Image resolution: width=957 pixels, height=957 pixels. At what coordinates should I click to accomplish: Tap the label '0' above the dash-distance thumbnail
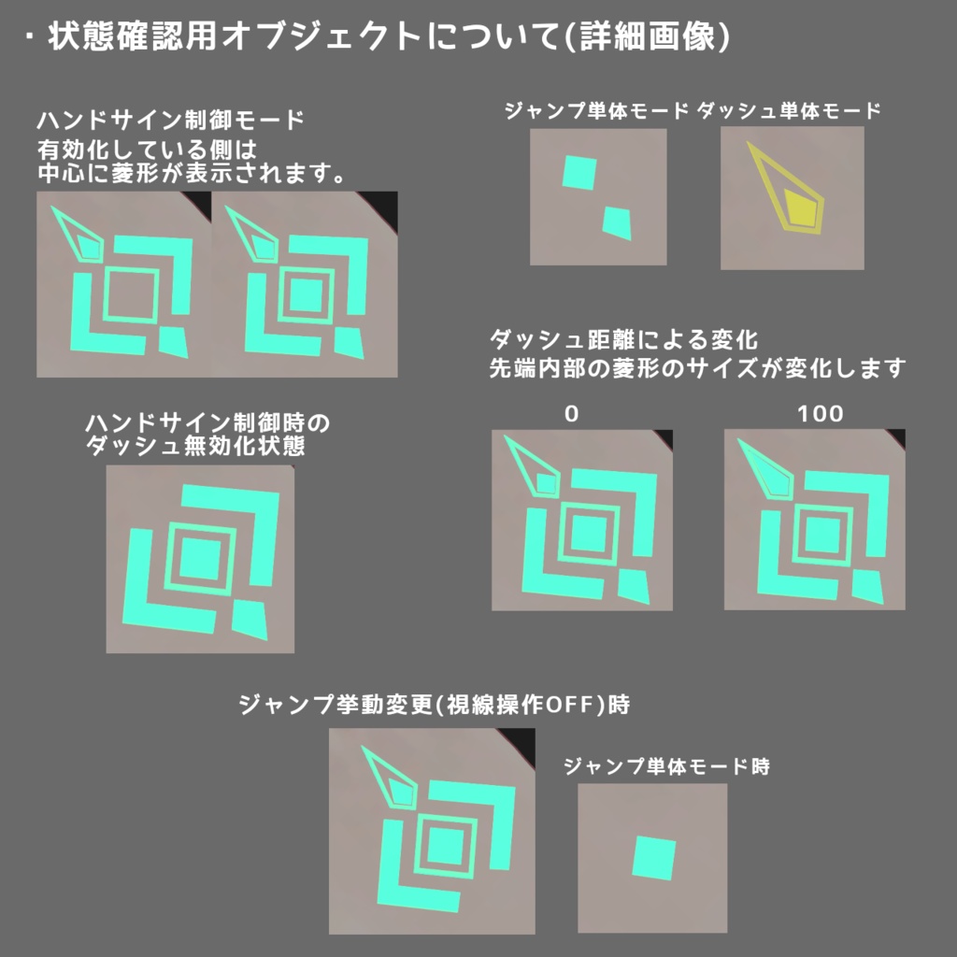[572, 412]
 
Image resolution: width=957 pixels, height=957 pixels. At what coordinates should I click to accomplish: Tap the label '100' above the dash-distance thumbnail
[821, 412]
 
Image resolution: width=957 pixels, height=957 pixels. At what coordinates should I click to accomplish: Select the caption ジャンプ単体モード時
[666, 767]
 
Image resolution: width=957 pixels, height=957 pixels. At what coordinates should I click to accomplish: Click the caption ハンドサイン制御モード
[171, 121]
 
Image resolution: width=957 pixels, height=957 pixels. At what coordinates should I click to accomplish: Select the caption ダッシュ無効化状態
[195, 446]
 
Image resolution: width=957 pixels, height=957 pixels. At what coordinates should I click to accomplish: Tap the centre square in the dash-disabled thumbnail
[198, 559]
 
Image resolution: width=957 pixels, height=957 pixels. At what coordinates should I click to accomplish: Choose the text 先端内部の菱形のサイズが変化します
[697, 368]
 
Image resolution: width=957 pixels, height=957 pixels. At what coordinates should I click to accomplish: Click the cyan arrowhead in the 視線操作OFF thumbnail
[393, 780]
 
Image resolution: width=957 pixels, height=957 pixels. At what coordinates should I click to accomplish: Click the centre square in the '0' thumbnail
[589, 534]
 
